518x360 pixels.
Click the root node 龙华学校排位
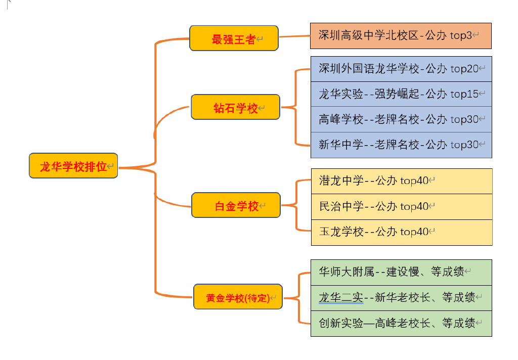pos(73,166)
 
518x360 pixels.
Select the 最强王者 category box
pos(234,38)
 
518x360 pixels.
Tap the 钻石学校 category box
pos(235,107)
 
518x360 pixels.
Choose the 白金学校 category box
pos(236,205)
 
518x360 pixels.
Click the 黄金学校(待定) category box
pos(238,297)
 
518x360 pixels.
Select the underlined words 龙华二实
pos(341,297)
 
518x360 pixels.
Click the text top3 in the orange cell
pos(461,35)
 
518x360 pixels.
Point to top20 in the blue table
pos(464,68)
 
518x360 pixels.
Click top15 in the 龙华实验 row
pos(464,94)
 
